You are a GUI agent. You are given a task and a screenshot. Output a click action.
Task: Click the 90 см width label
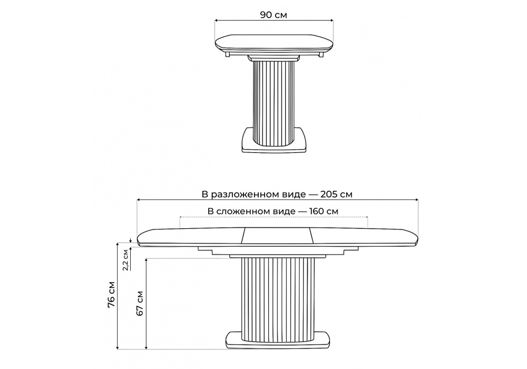tap(274, 15)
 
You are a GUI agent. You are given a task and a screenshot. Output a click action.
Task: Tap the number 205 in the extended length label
tap(328, 195)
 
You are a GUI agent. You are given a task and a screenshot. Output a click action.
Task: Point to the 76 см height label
tap(112, 294)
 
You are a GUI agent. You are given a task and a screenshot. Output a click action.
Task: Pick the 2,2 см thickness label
tap(125, 260)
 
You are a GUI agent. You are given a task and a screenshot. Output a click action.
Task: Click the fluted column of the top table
tap(274, 102)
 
